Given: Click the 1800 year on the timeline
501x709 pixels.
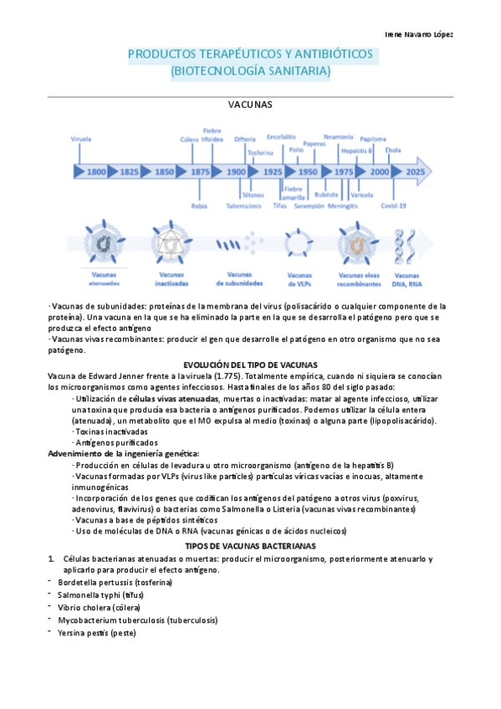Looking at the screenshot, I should [96, 171].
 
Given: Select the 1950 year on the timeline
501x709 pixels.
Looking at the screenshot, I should [308, 171].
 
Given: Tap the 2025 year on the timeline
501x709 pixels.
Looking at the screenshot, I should [414, 171].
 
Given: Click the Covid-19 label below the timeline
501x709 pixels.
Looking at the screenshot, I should [393, 205].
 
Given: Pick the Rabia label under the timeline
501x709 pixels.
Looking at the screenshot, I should [199, 205].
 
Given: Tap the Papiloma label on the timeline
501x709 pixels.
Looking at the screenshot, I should [373, 139].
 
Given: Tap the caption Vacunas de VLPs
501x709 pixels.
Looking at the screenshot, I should [299, 278].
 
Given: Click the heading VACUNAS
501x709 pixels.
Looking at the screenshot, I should [250, 105].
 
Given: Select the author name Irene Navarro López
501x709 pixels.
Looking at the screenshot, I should [424, 34].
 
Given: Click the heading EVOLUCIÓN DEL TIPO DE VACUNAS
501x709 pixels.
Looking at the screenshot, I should [250, 365].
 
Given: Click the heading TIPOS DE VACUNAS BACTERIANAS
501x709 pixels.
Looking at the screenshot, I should [250, 545].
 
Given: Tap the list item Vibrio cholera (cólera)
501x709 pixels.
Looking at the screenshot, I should [100, 607].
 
